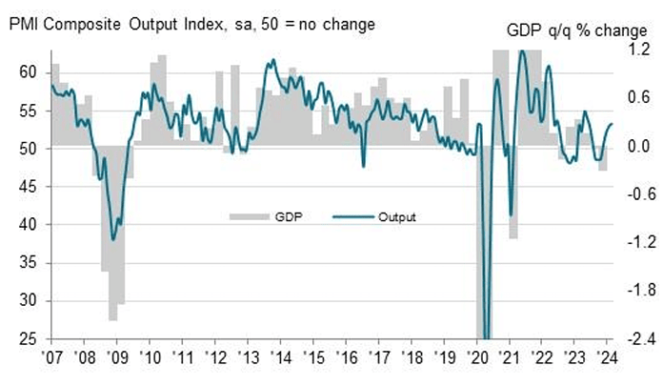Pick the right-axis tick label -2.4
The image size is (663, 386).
pyautogui.click(x=633, y=339)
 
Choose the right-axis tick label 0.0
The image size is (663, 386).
pyautogui.click(x=635, y=147)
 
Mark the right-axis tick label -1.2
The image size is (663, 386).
pyautogui.click(x=633, y=243)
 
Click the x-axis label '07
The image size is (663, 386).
pyautogui.click(x=50, y=360)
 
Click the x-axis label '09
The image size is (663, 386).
pyautogui.click(x=117, y=360)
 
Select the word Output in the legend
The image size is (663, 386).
pyautogui.click(x=397, y=216)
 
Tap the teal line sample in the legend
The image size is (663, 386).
pyautogui.click(x=352, y=216)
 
